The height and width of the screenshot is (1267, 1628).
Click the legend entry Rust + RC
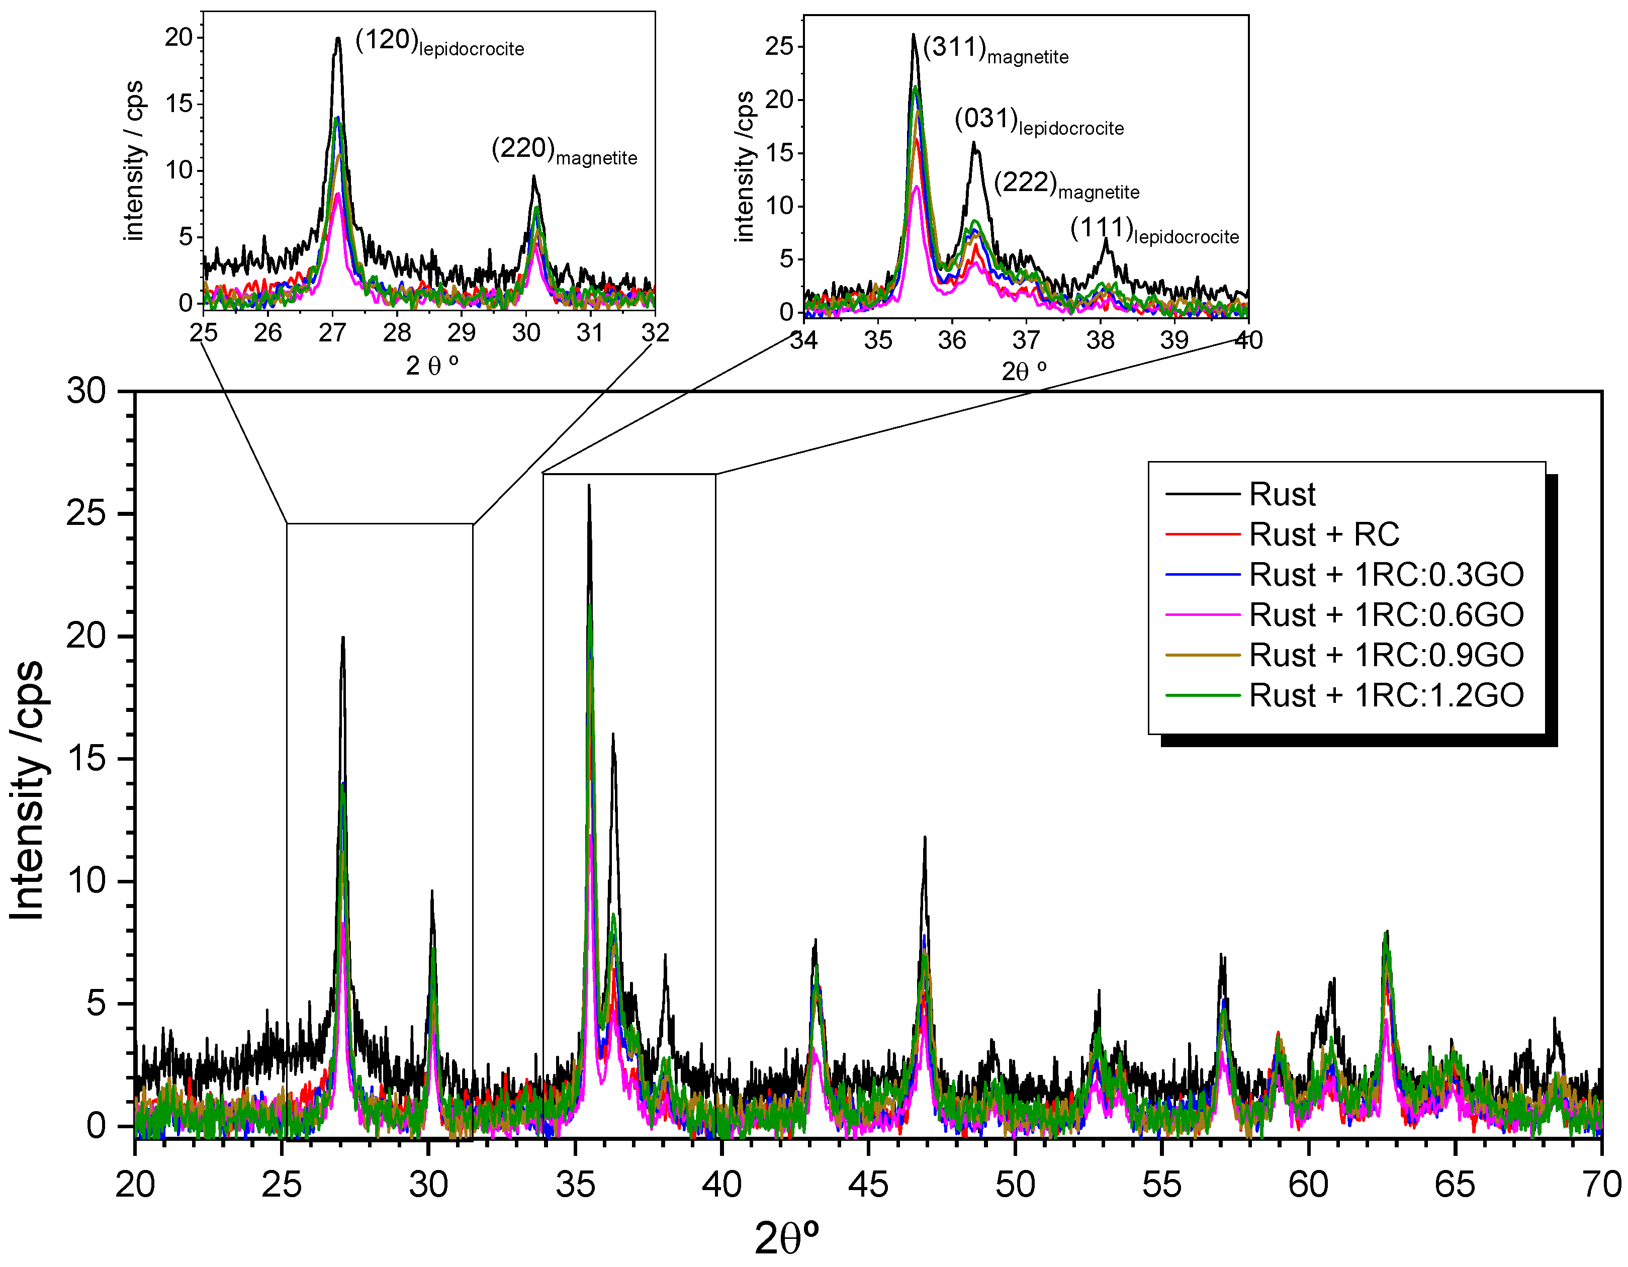point(1324,534)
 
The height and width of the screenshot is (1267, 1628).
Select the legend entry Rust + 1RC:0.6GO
point(1386,615)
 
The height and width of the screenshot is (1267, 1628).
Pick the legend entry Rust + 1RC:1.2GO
point(1386,695)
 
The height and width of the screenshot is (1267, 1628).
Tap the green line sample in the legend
point(1202,695)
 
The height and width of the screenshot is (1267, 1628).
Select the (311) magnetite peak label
point(995,50)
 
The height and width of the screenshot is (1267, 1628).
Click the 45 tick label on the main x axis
point(868,1185)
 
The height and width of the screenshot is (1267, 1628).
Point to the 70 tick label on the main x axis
point(1601,1185)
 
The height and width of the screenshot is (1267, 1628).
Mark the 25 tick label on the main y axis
point(86,513)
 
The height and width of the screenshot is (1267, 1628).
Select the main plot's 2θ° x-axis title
point(786,1239)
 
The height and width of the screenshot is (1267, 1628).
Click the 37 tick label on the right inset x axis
point(1026,340)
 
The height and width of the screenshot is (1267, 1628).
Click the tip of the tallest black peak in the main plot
point(589,486)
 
